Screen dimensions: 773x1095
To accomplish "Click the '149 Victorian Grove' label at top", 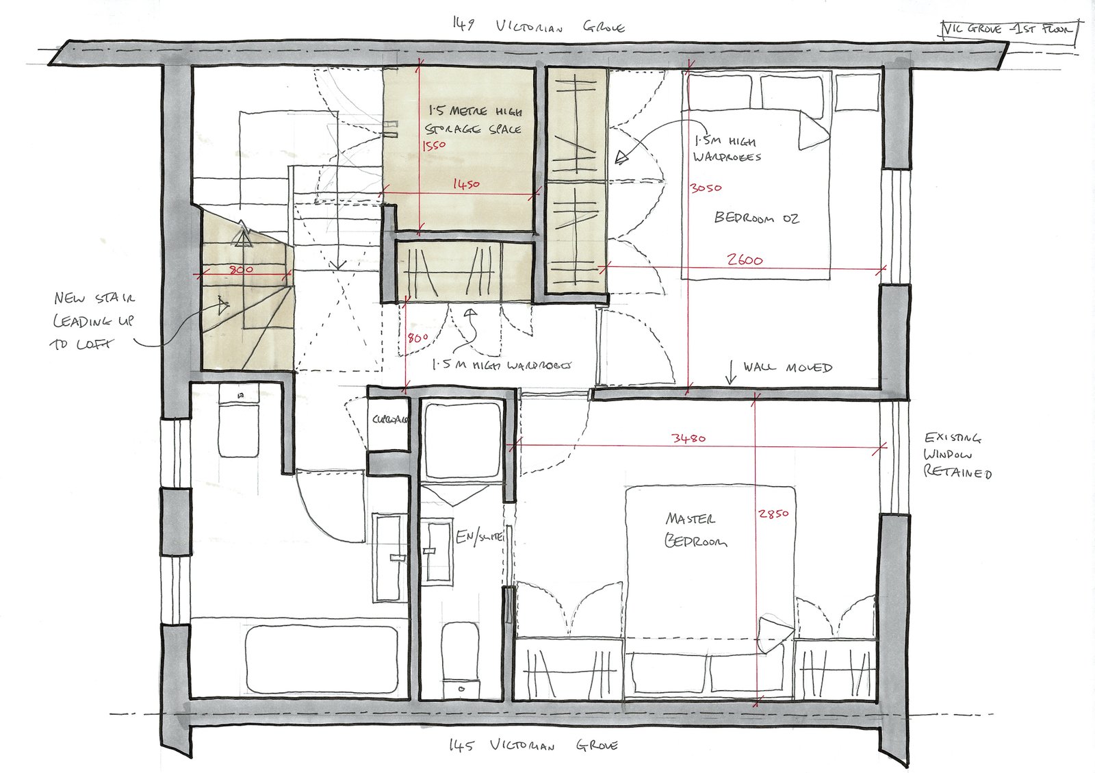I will pyautogui.click(x=538, y=27).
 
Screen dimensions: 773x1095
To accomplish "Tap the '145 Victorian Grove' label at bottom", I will pyautogui.click(x=533, y=745).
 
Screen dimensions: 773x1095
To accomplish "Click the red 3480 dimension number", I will pyautogui.click(x=688, y=438).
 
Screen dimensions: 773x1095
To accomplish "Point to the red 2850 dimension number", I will pyautogui.click(x=773, y=514).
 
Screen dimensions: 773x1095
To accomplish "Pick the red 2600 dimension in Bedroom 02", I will pyautogui.click(x=745, y=260).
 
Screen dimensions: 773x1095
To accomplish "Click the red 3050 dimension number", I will pyautogui.click(x=706, y=188).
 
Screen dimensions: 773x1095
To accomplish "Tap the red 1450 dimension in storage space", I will pyautogui.click(x=465, y=184).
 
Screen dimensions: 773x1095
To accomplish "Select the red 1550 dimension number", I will pyautogui.click(x=433, y=145).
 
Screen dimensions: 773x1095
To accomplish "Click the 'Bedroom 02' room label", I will pyautogui.click(x=756, y=218).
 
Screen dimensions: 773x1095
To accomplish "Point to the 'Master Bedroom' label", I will pyautogui.click(x=694, y=530).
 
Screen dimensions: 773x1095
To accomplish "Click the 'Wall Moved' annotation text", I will pyautogui.click(x=787, y=368).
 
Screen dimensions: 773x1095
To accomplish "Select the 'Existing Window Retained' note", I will pyautogui.click(x=957, y=455).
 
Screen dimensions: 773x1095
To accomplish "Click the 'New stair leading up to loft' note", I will pyautogui.click(x=94, y=320).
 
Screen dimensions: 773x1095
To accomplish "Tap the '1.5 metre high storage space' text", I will pyautogui.click(x=474, y=120).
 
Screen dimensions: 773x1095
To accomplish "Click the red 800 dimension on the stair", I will pyautogui.click(x=240, y=270).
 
